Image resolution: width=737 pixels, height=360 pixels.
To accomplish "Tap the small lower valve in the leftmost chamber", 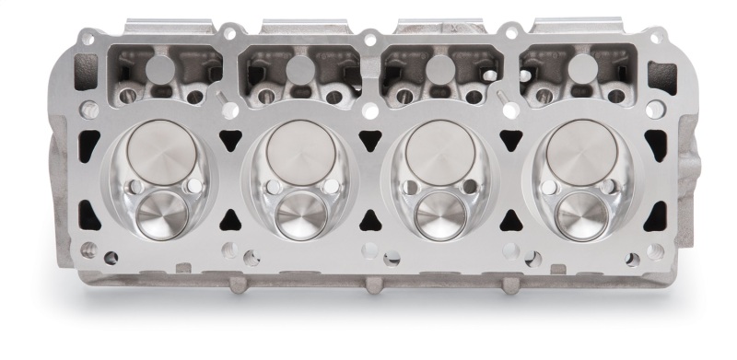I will pyautogui.click(x=161, y=215).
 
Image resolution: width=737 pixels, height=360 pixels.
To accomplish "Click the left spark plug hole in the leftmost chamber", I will pyautogui.click(x=130, y=188).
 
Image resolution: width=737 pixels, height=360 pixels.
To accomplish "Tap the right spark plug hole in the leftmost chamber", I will pyautogui.click(x=192, y=187).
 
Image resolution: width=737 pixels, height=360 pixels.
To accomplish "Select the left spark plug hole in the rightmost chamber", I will pyautogui.click(x=550, y=188).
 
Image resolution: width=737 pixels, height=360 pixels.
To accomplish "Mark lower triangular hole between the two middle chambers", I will pyautogui.click(x=368, y=218).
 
